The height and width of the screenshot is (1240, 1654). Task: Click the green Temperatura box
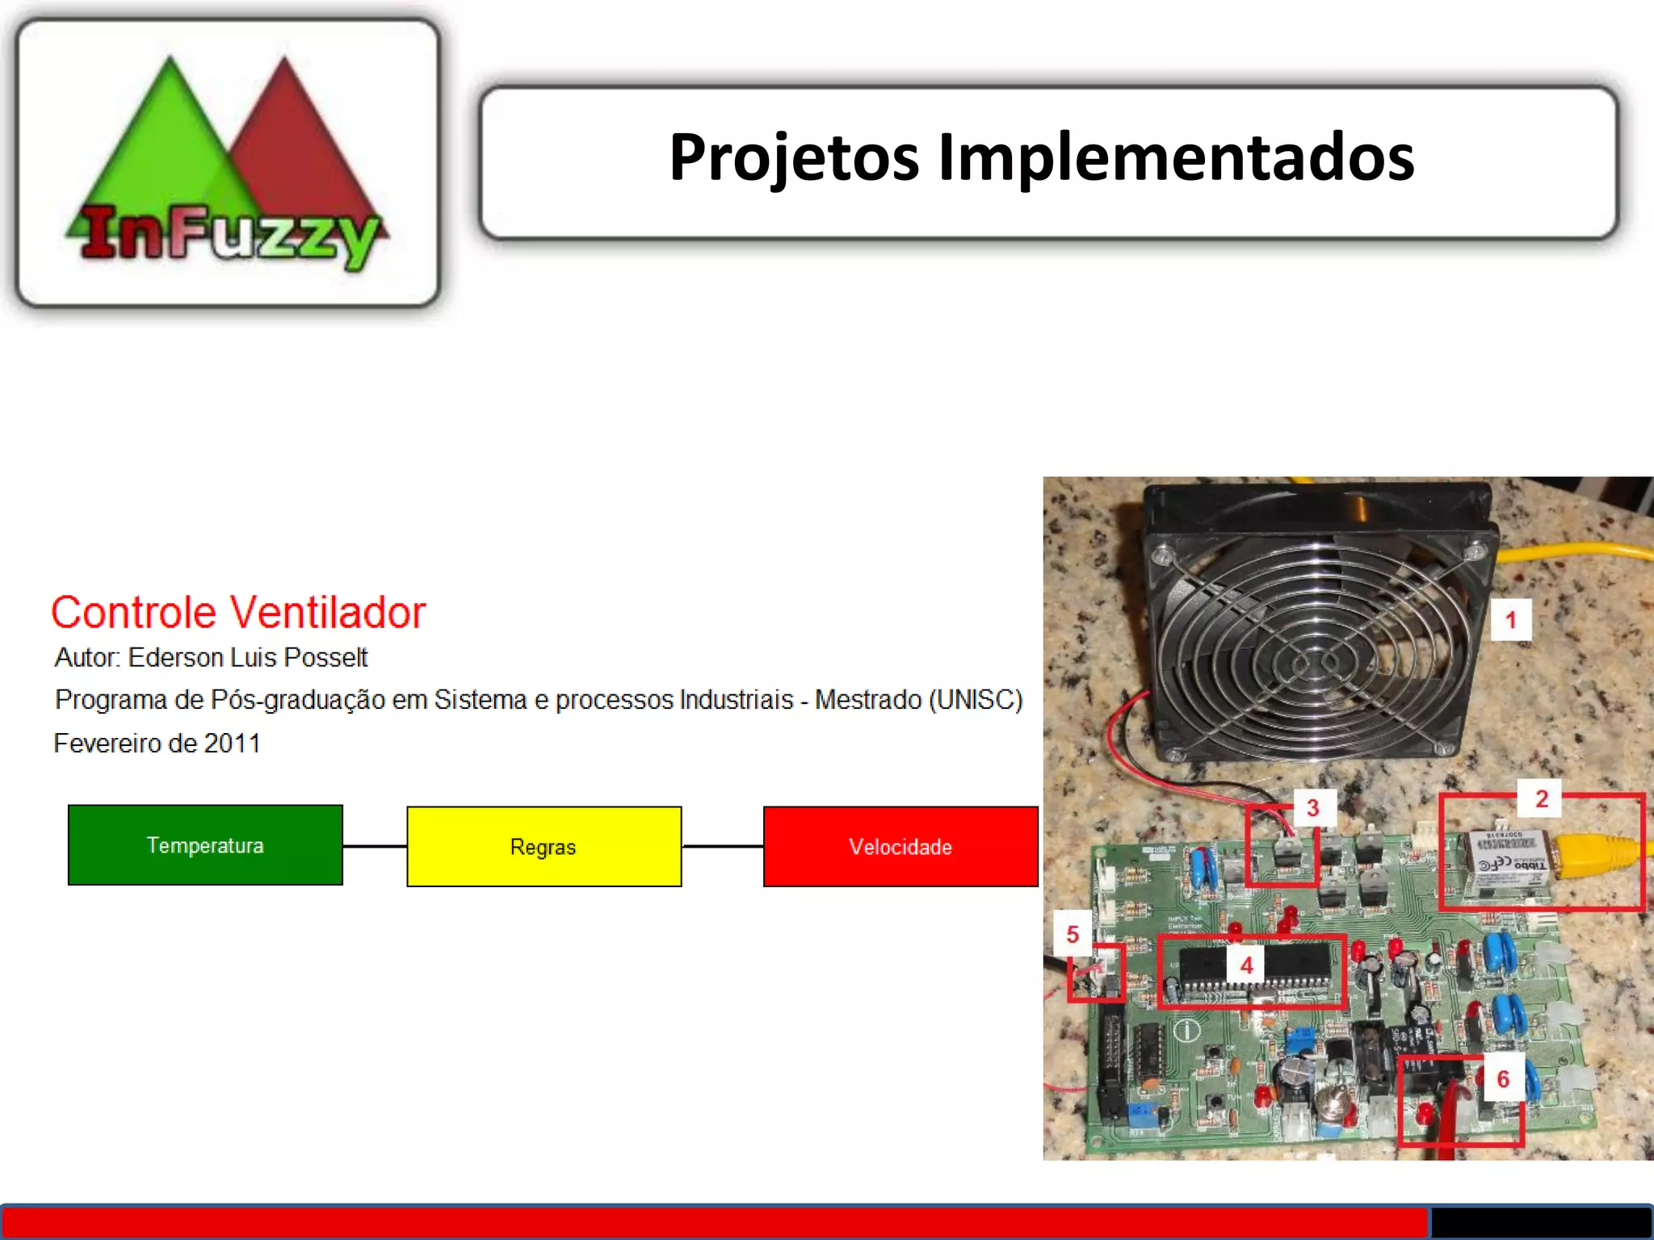tap(205, 845)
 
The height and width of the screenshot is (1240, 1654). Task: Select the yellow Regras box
tap(544, 847)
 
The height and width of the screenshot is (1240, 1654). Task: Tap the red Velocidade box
tap(900, 847)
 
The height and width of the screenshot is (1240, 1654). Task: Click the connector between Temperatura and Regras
tap(375, 846)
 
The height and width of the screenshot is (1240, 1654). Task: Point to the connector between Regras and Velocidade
tap(722, 846)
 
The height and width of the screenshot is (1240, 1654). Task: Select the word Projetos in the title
tap(794, 157)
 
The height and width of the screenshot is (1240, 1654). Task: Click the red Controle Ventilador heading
tap(238, 613)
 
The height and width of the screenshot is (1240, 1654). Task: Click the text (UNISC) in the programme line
tap(976, 700)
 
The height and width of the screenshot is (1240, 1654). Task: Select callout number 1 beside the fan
tap(1510, 620)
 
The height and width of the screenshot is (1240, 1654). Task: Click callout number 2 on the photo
tap(1541, 799)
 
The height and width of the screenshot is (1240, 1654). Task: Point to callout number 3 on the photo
tap(1313, 807)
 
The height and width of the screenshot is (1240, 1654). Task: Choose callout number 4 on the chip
tap(1246, 966)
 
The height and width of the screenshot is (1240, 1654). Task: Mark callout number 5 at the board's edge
tap(1073, 935)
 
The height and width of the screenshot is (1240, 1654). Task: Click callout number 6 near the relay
tap(1503, 1079)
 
